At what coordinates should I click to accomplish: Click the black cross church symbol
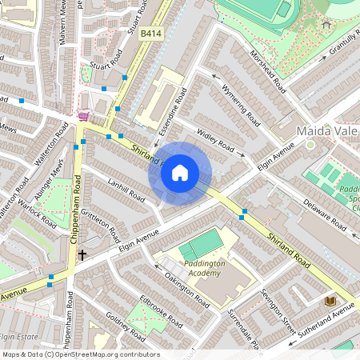click(82, 255)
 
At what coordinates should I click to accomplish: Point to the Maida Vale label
click(324, 129)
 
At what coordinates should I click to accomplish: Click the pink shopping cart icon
click(83, 117)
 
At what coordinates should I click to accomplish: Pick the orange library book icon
click(330, 300)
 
